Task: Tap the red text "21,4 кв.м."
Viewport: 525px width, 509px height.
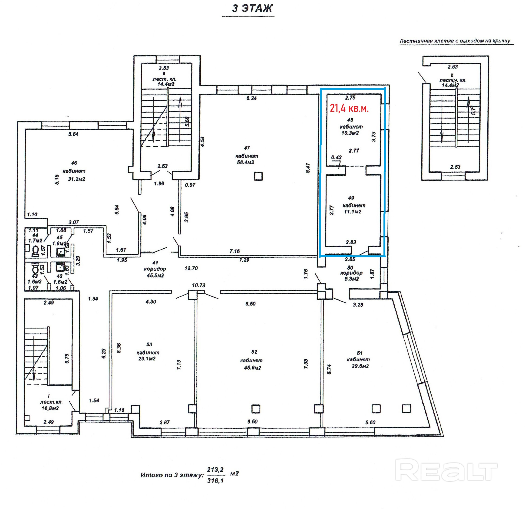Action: click(x=349, y=108)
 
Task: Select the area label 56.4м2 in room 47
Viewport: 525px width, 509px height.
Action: click(x=245, y=162)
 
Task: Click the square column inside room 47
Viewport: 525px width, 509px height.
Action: click(x=258, y=176)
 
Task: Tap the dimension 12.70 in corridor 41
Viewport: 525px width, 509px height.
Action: click(x=191, y=268)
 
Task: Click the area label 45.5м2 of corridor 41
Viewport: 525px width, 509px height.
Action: click(x=155, y=276)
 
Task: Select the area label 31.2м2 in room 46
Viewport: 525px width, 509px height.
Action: click(x=76, y=179)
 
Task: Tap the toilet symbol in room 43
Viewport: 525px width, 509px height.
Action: click(x=35, y=267)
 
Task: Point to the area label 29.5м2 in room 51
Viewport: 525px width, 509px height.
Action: click(x=360, y=366)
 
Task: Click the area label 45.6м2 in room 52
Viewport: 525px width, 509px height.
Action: click(x=252, y=368)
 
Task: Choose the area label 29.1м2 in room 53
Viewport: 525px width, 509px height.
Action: click(x=147, y=358)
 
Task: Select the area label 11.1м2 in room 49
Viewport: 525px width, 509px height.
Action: click(x=353, y=212)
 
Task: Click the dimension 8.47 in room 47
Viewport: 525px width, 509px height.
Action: click(x=308, y=168)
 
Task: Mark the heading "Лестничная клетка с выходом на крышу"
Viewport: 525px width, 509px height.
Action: click(x=455, y=41)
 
